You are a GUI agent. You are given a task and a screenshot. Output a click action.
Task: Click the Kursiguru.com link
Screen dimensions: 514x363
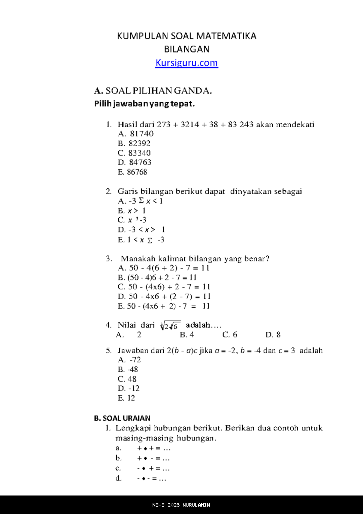click(187, 63)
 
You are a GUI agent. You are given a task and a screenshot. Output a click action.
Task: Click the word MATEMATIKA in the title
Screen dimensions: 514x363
click(226, 36)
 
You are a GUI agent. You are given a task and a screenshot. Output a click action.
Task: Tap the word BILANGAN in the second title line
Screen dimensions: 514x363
click(187, 49)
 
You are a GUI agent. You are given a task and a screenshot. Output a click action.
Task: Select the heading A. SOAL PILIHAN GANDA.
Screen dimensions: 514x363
click(153, 91)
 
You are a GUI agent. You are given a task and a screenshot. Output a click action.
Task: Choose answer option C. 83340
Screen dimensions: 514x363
click(134, 153)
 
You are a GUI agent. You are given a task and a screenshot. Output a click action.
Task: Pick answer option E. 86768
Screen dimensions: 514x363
click(132, 172)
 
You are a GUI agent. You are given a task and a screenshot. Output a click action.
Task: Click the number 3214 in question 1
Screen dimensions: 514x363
click(190, 124)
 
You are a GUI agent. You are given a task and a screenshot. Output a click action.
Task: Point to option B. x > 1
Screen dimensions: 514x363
click(131, 211)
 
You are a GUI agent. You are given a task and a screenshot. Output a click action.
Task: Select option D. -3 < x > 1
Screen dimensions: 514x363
click(141, 230)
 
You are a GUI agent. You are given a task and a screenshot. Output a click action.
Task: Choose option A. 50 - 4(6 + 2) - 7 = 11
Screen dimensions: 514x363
click(164, 268)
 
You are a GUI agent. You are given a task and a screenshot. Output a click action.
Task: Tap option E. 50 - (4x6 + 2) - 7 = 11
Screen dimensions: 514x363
click(164, 306)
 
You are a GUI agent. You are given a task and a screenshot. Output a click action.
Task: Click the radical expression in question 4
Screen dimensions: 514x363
click(170, 326)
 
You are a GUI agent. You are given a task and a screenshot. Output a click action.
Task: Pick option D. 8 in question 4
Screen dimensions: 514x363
click(273, 335)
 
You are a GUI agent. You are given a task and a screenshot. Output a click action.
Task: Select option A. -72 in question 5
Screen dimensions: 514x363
click(129, 360)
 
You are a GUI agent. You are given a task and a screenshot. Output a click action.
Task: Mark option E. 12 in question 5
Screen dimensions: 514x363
click(126, 398)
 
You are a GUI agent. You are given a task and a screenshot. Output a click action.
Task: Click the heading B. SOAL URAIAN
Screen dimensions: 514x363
click(122, 418)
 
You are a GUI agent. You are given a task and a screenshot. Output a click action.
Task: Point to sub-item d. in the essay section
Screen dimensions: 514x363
click(119, 478)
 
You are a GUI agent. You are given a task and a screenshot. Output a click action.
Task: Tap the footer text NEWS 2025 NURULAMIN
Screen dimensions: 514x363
click(181, 505)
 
